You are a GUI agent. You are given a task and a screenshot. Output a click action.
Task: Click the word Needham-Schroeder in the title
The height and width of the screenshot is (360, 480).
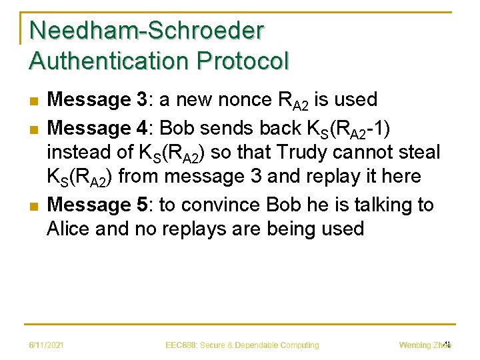pyautogui.click(x=147, y=31)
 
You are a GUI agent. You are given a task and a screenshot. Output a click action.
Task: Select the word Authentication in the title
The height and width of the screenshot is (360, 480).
pyautogui.click(x=101, y=61)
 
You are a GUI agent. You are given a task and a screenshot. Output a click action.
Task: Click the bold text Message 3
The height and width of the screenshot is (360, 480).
pyautogui.click(x=97, y=100)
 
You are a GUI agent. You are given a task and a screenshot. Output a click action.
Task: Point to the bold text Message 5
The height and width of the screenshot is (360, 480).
pyautogui.click(x=97, y=204)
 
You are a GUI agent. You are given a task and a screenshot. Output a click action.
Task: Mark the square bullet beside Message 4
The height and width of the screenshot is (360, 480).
pyautogui.click(x=33, y=127)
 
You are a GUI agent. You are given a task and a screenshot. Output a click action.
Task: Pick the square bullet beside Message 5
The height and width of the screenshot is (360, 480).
pyautogui.click(x=33, y=205)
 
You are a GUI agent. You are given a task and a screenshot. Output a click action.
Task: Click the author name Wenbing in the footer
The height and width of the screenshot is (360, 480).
pyautogui.click(x=415, y=345)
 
